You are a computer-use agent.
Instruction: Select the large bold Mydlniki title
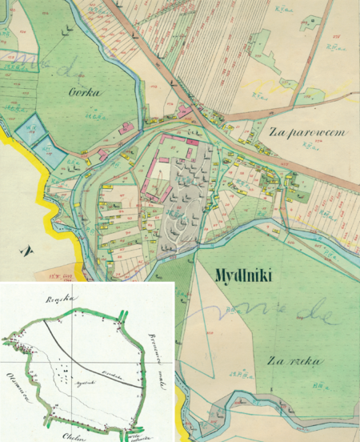point(244,277)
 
